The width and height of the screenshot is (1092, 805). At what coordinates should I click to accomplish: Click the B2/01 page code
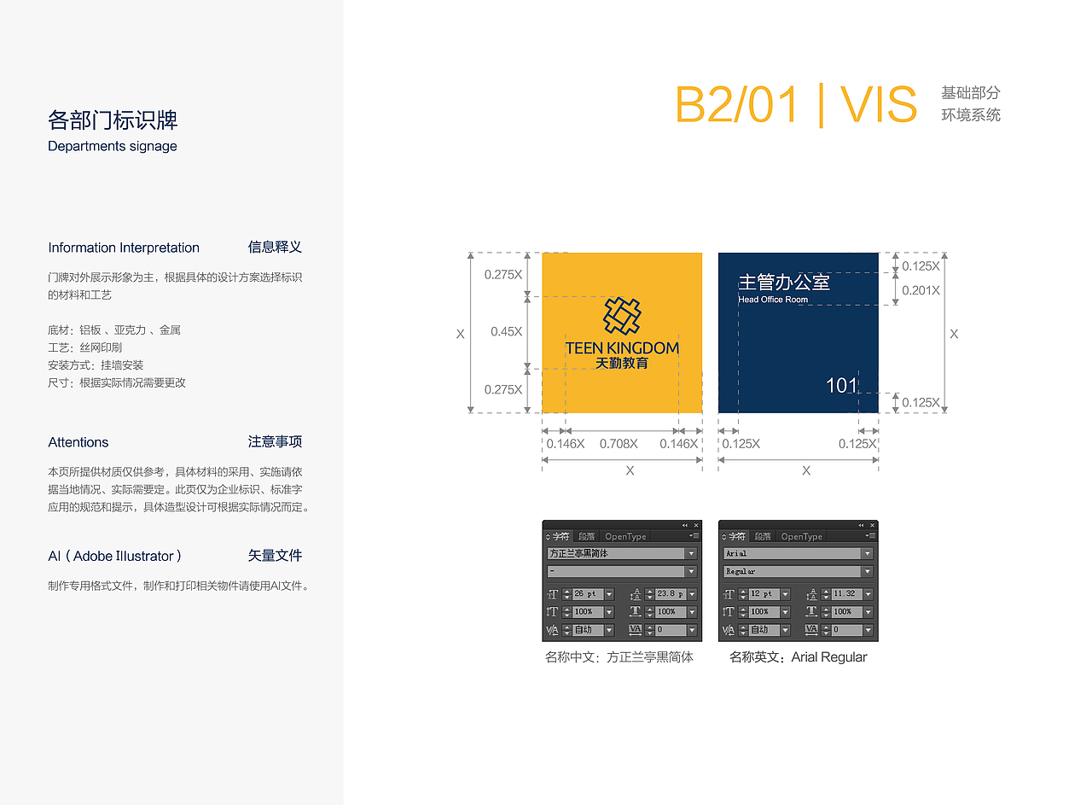coord(737,105)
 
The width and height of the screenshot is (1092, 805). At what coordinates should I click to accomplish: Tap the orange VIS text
coord(879,105)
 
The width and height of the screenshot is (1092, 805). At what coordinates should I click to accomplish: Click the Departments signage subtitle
coord(113,146)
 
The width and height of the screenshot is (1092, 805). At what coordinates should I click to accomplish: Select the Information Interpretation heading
coord(124,248)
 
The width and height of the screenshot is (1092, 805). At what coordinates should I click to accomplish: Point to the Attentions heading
coord(78,442)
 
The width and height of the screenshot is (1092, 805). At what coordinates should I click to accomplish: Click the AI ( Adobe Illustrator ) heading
coord(115,556)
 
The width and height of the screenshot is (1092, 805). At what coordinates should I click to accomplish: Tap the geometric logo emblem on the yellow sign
coord(622,316)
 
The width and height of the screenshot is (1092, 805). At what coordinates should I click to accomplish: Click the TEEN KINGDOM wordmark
coord(622,347)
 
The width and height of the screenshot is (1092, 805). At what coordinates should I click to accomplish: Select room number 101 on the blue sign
coord(841,386)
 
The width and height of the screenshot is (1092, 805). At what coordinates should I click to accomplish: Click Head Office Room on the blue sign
coord(773,300)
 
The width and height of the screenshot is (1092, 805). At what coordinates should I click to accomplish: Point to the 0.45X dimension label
coord(506,331)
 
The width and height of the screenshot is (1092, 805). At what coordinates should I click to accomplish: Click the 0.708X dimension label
coord(619,444)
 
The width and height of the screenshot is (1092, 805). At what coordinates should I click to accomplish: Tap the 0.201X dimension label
coord(921,290)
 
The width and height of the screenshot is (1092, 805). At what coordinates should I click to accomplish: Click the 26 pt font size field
coord(587,594)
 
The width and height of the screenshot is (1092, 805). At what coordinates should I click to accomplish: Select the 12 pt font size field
coord(763,594)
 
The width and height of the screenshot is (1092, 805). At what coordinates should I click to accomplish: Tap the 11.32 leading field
coord(845,594)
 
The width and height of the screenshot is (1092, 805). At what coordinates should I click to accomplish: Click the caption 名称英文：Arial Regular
coord(798,657)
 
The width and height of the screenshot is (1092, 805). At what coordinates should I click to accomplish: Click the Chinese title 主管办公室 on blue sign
coord(783,282)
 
